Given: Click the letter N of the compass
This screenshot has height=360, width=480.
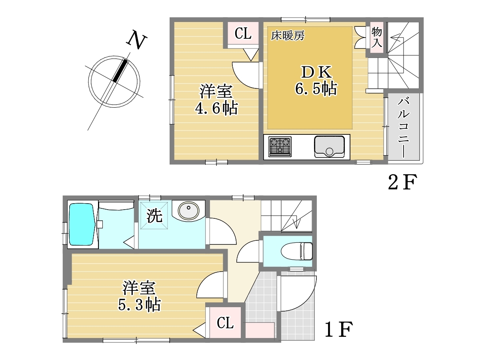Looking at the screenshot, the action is click(x=137, y=42).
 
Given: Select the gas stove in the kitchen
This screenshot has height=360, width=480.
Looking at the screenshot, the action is click(x=280, y=146).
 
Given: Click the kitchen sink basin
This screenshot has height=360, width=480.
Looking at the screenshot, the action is click(x=329, y=147).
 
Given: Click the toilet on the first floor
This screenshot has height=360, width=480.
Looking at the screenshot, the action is click(x=296, y=251).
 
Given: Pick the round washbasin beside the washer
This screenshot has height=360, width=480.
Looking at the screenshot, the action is click(x=188, y=211).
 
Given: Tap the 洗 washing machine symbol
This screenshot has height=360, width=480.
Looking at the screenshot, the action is click(x=154, y=216).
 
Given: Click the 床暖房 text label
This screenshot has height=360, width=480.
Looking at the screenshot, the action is click(x=288, y=36).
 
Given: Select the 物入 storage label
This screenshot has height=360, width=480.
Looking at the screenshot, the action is click(x=376, y=37).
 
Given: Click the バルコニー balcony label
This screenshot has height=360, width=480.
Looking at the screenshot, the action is click(x=404, y=128).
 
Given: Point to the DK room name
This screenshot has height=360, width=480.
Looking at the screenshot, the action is click(x=316, y=72).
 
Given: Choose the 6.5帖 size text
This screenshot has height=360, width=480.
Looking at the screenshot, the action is click(x=316, y=88).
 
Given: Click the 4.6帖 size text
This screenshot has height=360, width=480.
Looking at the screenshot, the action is click(x=216, y=108).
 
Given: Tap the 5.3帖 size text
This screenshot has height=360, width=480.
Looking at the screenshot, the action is click(x=140, y=305).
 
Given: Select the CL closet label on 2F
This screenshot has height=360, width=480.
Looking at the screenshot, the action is click(x=243, y=34).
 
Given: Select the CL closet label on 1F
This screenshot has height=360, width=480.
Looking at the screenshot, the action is click(x=225, y=323).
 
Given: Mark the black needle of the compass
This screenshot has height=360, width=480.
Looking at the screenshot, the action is click(x=120, y=70).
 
